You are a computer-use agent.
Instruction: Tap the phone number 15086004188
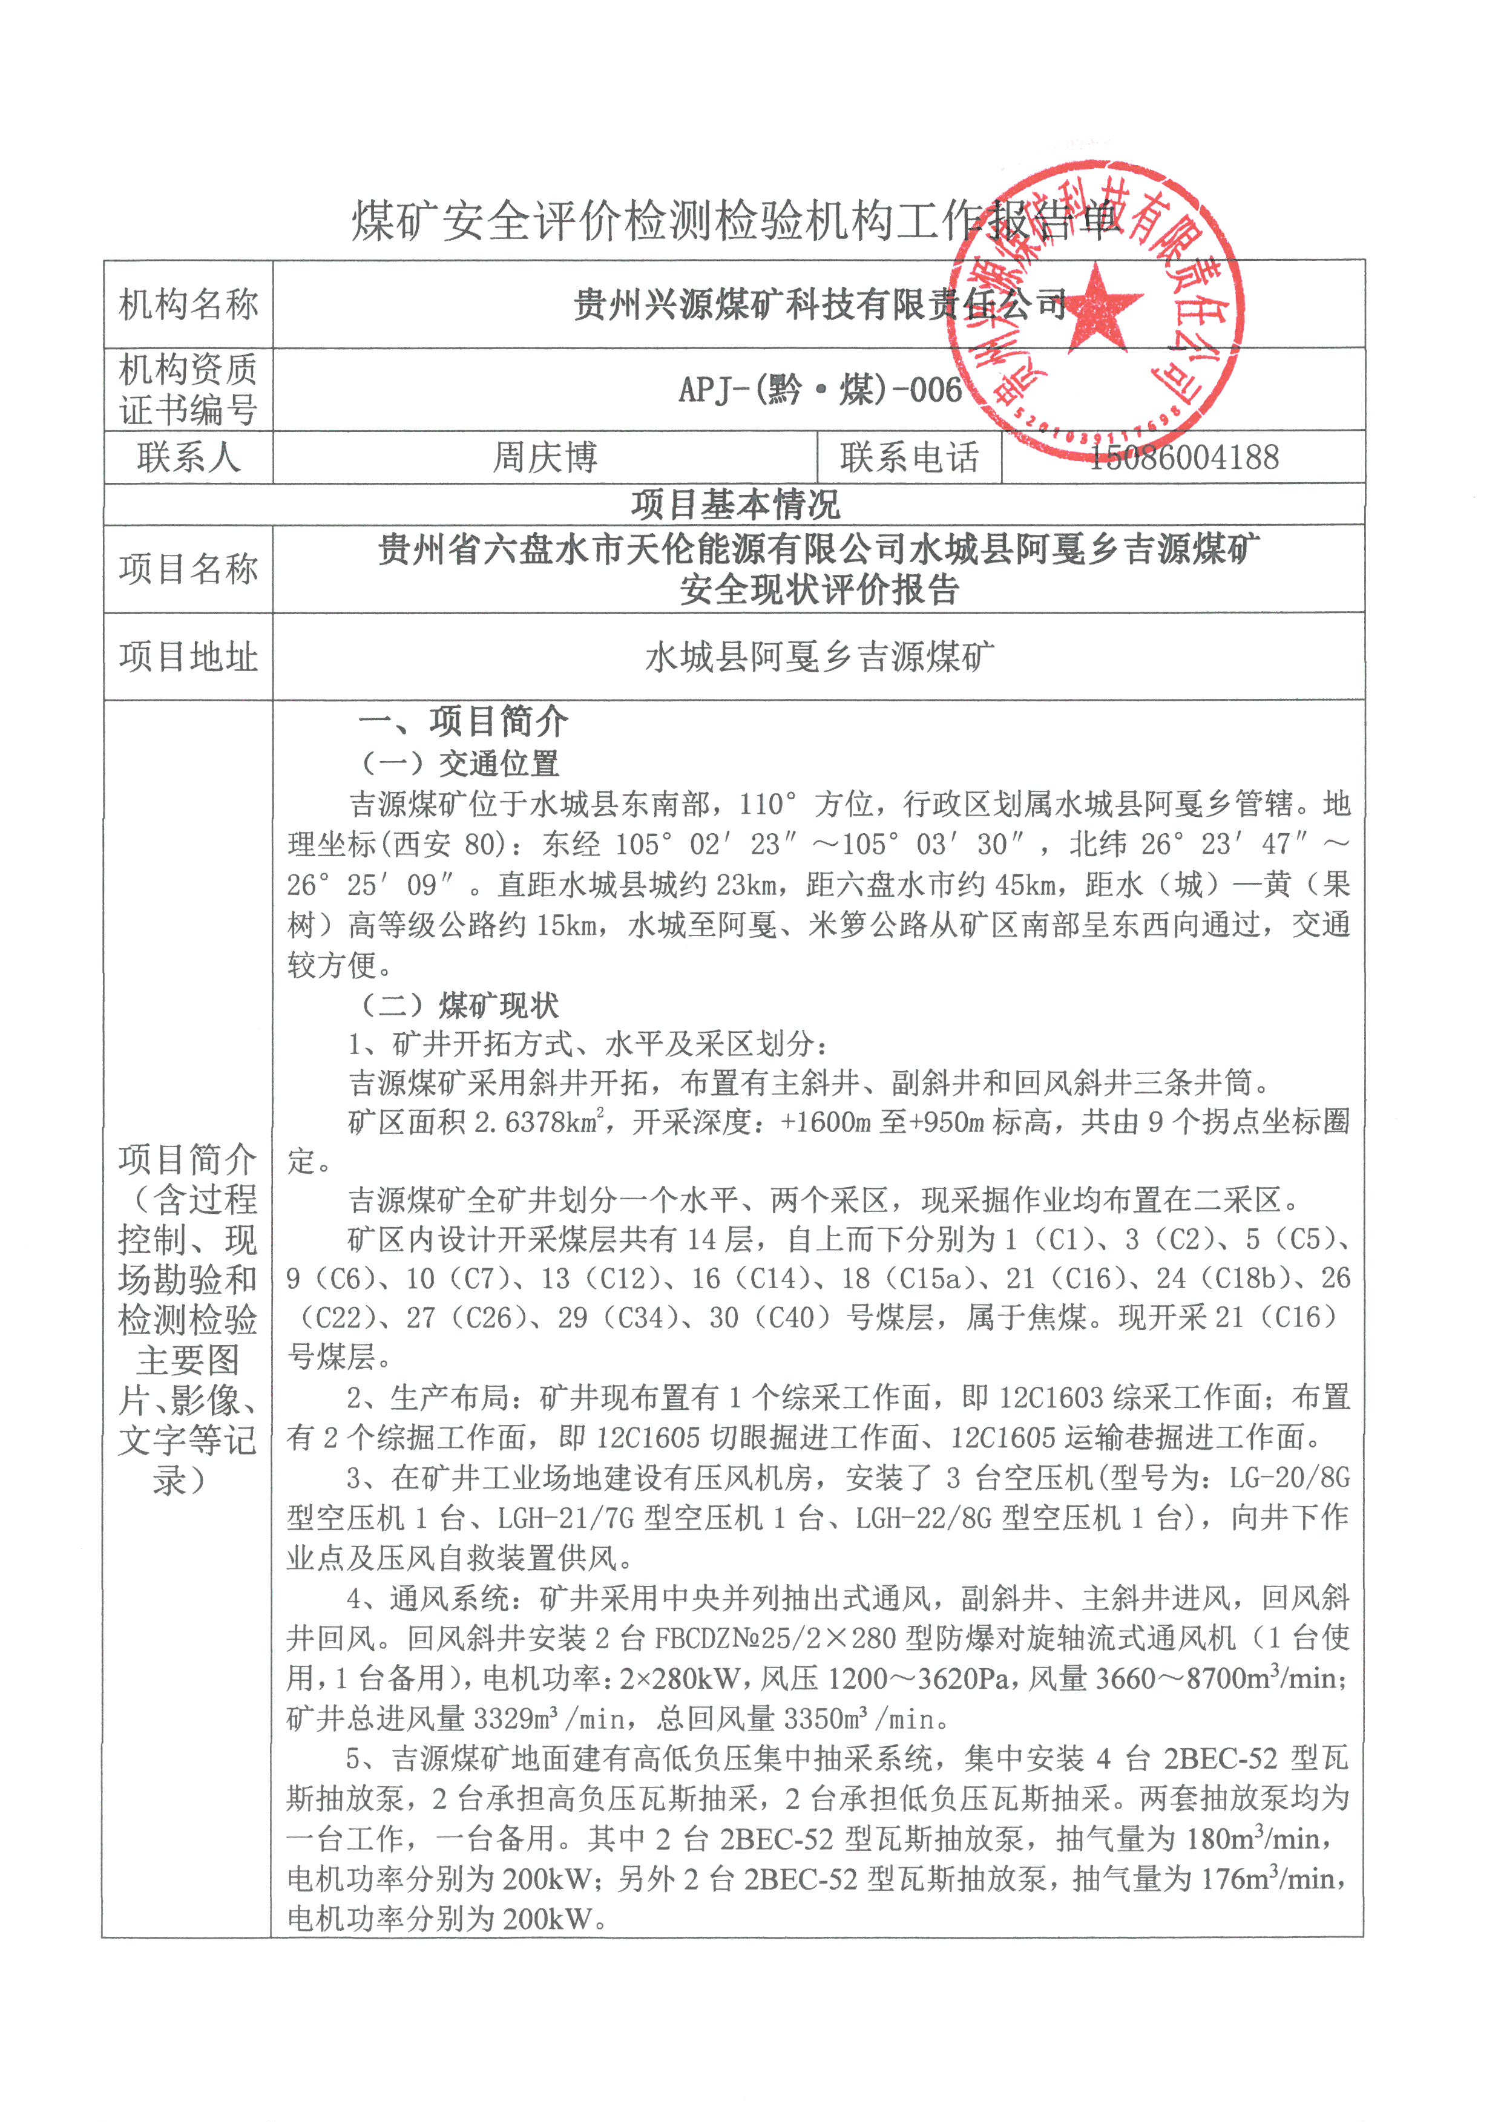click(x=1183, y=457)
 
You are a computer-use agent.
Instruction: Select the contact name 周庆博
click(x=545, y=457)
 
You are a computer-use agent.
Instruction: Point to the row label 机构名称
click(x=189, y=305)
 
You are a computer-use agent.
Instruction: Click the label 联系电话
click(x=910, y=457)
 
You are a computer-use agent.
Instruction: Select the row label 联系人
click(x=189, y=457)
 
